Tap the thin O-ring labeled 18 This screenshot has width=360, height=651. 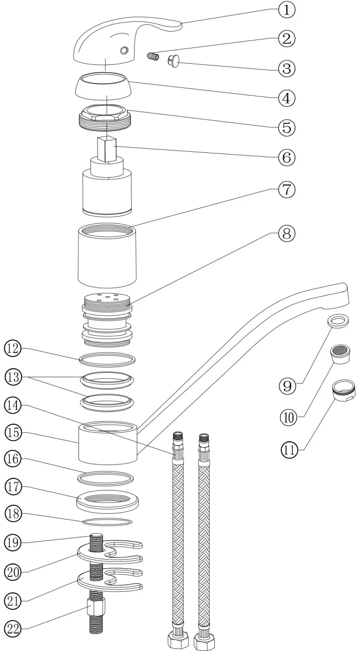pos(106,521)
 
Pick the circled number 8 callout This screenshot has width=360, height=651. pos(287,233)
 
